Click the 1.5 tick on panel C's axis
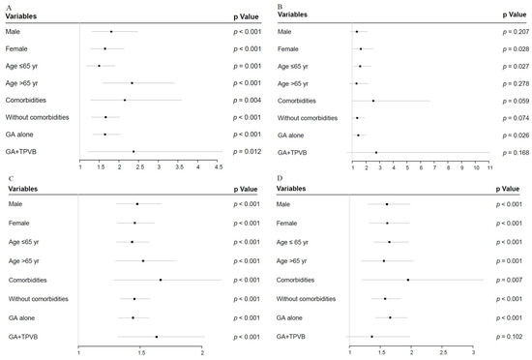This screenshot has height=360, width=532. point(140,353)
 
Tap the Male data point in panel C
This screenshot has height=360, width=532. point(137,204)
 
